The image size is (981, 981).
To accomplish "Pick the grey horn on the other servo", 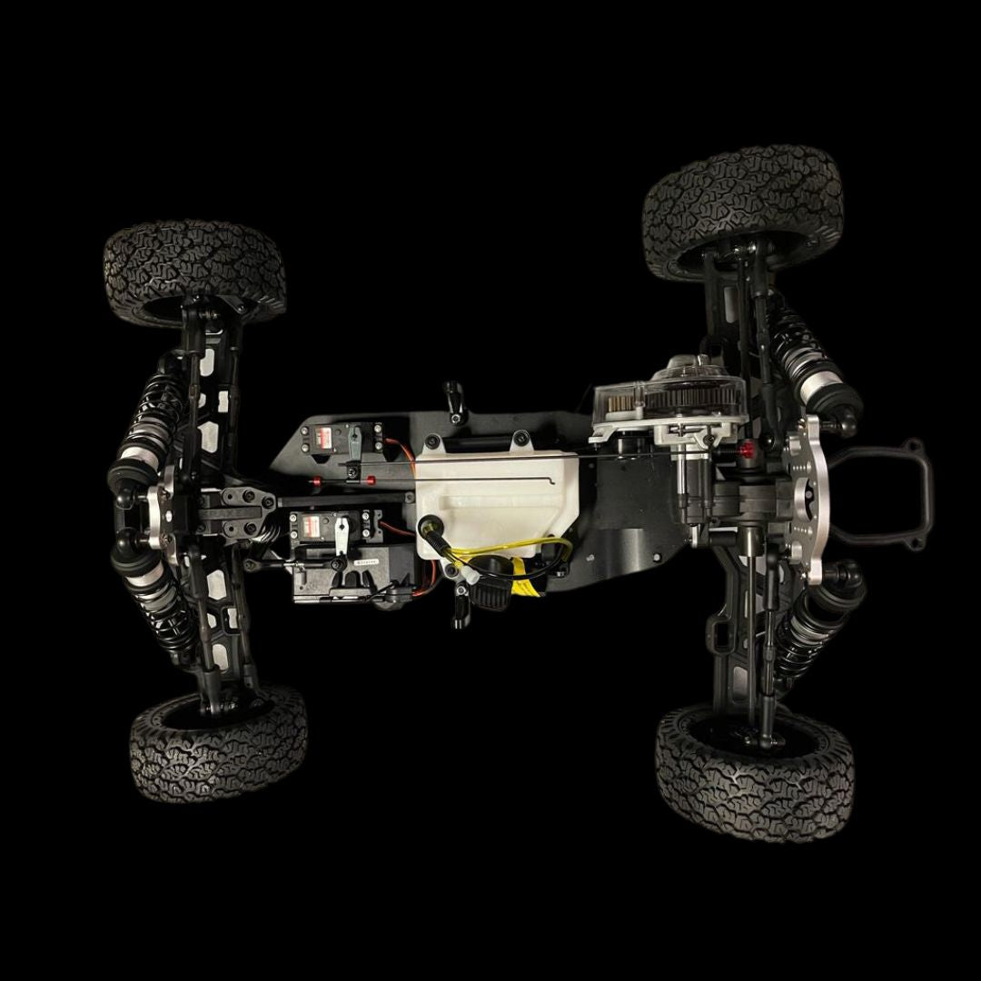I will [355, 442].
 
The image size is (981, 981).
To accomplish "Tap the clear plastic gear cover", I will [672, 395].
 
